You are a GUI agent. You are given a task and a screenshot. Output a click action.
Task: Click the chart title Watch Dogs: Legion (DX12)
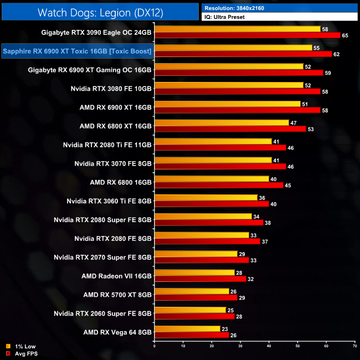(100, 12)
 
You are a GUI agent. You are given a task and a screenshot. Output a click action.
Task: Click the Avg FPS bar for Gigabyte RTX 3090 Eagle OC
(247, 35)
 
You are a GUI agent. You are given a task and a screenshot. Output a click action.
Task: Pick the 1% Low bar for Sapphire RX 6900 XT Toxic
(233, 48)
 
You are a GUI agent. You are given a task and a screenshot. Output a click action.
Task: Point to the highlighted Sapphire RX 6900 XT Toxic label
(77, 52)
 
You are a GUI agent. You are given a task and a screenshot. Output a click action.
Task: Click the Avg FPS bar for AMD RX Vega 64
(192, 335)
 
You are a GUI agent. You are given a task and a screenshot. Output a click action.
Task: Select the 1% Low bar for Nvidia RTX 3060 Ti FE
(206, 197)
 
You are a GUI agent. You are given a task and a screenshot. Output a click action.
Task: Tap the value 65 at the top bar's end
(345, 35)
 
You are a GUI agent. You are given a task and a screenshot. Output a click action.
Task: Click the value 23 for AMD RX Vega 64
(225, 328)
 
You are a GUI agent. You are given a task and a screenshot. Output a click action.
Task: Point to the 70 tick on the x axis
(354, 347)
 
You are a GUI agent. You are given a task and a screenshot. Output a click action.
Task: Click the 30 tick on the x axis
(240, 347)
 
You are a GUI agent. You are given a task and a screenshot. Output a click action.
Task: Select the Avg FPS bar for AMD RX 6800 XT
(230, 129)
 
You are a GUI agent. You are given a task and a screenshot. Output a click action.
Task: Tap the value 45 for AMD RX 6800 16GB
(287, 185)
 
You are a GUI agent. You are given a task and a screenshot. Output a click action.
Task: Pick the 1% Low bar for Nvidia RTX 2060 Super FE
(190, 310)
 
